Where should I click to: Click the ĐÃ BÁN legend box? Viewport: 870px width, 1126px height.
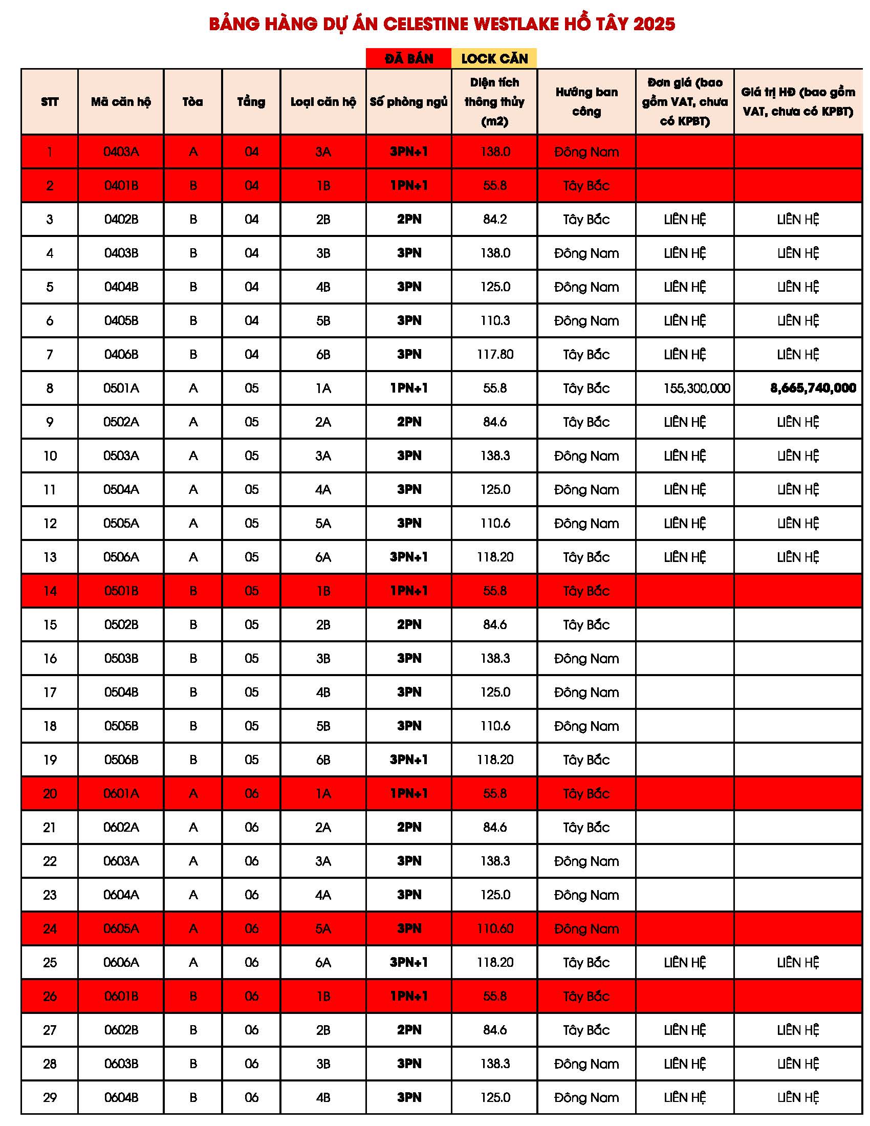click(409, 58)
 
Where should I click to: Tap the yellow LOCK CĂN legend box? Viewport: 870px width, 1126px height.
click(494, 58)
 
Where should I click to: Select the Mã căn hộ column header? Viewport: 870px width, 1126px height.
click(121, 101)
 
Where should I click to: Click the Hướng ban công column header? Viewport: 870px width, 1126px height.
click(586, 101)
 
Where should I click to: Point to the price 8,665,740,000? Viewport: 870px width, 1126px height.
click(813, 388)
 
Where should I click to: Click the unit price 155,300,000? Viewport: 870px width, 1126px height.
click(697, 388)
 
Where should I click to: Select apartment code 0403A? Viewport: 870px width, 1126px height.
click(121, 151)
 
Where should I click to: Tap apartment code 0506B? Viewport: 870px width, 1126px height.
click(121, 760)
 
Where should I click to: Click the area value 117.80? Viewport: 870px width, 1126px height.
click(495, 354)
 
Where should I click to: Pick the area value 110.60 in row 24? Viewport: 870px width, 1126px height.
click(495, 928)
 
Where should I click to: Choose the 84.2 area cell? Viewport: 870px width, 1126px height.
click(495, 219)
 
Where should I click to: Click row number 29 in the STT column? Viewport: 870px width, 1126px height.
click(50, 1097)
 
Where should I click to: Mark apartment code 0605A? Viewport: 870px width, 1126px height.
click(121, 928)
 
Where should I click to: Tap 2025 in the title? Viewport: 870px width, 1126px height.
click(654, 24)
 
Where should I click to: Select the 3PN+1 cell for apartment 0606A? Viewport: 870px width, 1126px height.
click(409, 962)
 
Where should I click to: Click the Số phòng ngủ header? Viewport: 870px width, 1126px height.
click(409, 101)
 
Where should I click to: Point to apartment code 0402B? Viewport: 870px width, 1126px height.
click(121, 219)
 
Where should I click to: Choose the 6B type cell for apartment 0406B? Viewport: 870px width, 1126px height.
click(323, 354)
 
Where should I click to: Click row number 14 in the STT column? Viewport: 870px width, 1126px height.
click(50, 591)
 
